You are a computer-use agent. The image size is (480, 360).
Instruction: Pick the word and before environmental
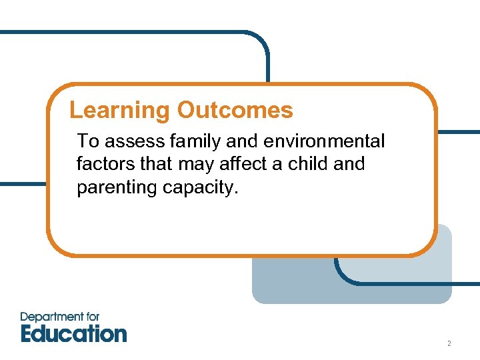click(x=240, y=141)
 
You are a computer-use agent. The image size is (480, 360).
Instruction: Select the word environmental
click(x=325, y=141)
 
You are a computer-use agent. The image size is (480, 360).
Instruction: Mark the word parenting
click(x=117, y=188)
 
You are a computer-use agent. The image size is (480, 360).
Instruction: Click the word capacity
click(x=200, y=188)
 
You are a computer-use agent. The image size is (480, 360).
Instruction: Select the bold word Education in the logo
click(x=73, y=333)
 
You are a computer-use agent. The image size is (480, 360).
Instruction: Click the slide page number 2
click(x=449, y=344)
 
